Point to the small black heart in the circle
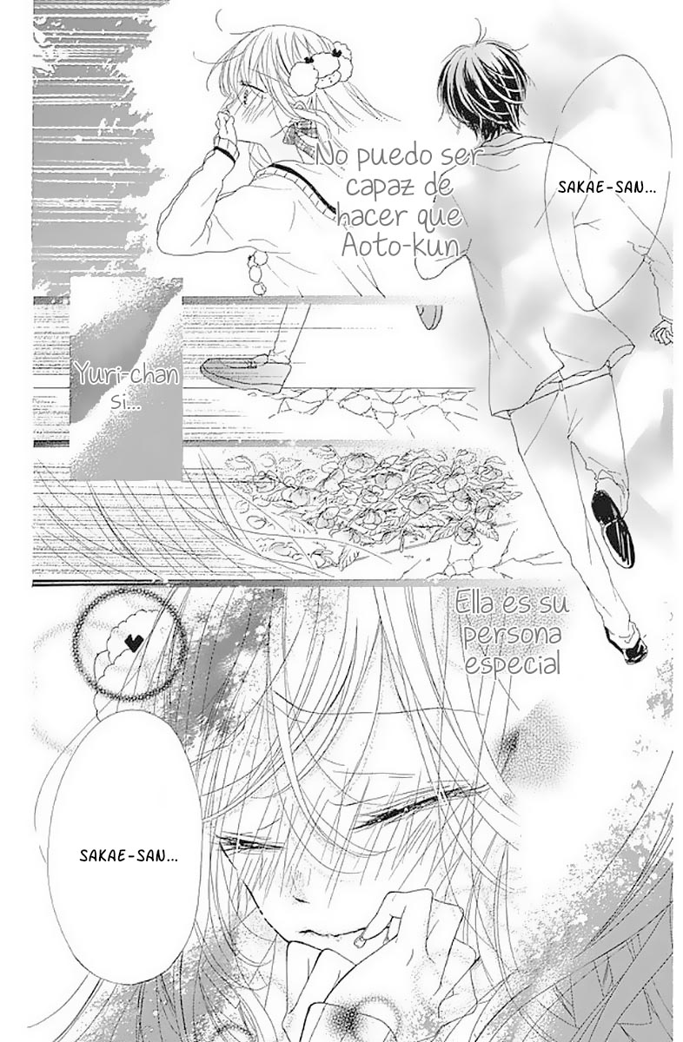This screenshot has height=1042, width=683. click(x=135, y=643)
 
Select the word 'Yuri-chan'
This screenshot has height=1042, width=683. click(x=128, y=374)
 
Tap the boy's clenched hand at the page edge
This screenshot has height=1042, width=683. click(x=661, y=332)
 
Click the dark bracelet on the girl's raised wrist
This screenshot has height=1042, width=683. click(x=226, y=153)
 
